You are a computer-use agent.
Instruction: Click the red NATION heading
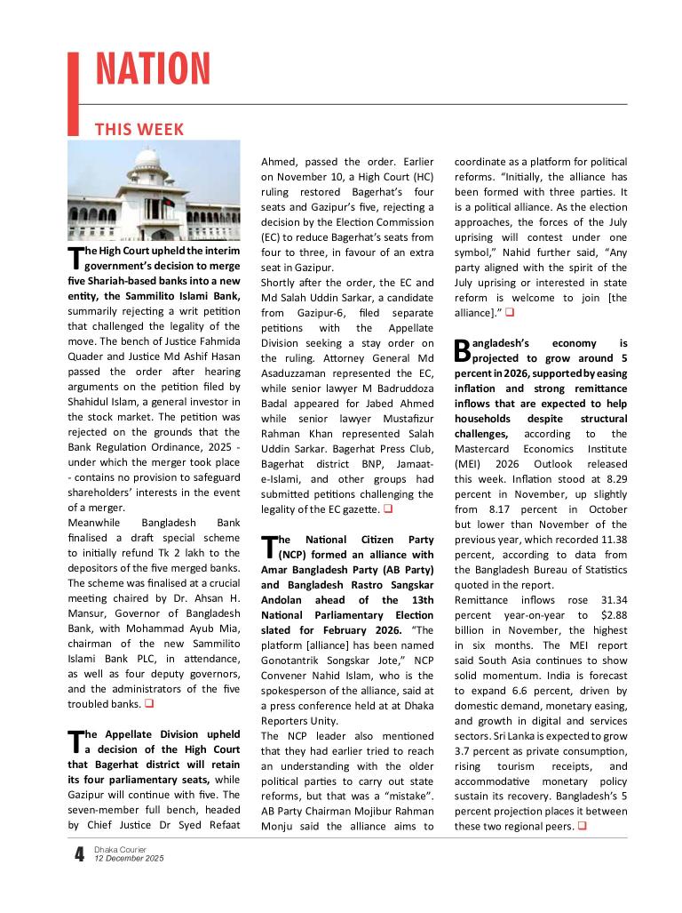(x=153, y=70)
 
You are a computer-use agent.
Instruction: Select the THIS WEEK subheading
(x=139, y=130)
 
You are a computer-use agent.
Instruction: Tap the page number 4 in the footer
(x=79, y=855)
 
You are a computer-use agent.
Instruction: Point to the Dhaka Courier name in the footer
(x=116, y=850)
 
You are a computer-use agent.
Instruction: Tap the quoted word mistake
(x=410, y=782)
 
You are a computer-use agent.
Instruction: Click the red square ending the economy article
(x=583, y=827)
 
